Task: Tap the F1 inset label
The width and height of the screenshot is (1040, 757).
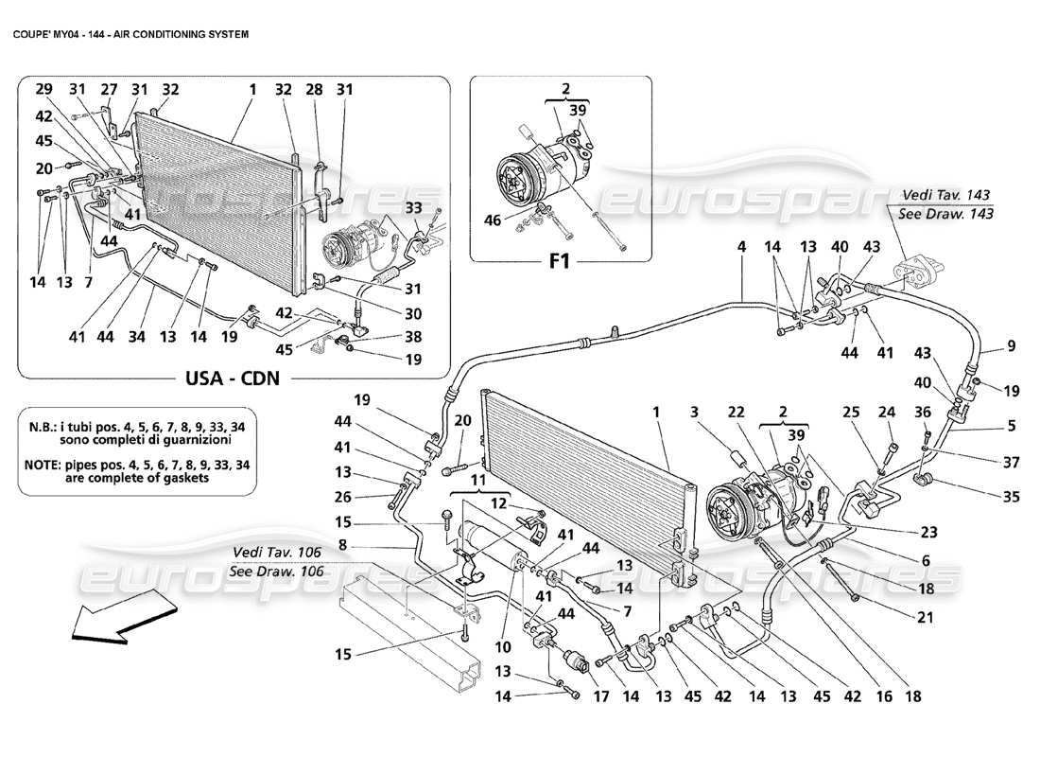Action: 561,260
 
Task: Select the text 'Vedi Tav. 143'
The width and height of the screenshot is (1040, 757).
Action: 946,194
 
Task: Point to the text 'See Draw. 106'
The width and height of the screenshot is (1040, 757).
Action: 278,572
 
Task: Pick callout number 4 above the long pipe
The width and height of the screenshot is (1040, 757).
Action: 742,247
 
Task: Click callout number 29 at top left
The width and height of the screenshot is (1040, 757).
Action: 44,89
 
